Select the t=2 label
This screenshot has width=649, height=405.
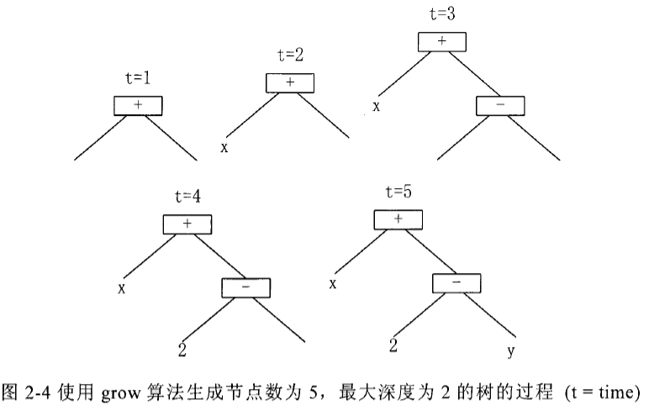click(x=290, y=55)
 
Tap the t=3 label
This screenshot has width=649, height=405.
click(x=441, y=14)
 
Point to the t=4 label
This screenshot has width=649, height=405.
click(x=187, y=197)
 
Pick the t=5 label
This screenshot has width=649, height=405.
click(x=398, y=191)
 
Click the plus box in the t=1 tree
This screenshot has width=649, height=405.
click(x=137, y=106)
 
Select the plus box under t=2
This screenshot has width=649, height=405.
click(x=290, y=82)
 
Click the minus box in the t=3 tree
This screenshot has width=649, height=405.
click(x=501, y=107)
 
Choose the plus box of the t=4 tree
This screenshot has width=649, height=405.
click(x=187, y=224)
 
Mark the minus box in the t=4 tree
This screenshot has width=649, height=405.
click(x=247, y=287)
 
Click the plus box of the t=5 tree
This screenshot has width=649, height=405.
click(x=398, y=218)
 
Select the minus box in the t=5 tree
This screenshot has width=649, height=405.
click(x=457, y=283)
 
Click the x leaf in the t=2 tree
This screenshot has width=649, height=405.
click(x=224, y=148)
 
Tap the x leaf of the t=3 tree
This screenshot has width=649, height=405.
click(x=377, y=108)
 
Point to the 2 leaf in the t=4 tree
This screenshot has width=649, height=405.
click(x=182, y=350)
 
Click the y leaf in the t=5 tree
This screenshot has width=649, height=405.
click(x=510, y=350)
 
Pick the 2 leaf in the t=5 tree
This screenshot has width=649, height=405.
click(x=393, y=345)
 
